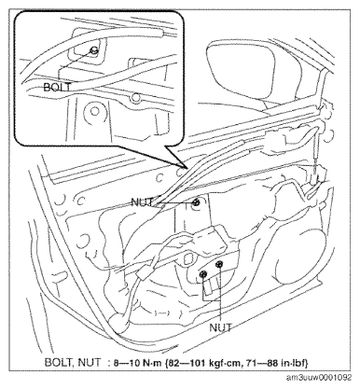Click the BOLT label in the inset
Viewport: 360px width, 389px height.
pyautogui.click(x=57, y=88)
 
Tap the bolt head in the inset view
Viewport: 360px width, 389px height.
pyautogui.click(x=93, y=50)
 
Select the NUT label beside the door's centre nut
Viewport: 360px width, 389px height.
pyautogui.click(x=142, y=202)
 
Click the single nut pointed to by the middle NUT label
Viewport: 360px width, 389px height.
pyautogui.click(x=196, y=203)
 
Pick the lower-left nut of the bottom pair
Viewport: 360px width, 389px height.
pyautogui.click(x=203, y=274)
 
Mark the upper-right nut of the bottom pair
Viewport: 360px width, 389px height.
pyautogui.click(x=220, y=264)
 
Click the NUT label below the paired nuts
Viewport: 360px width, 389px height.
pyautogui.click(x=220, y=327)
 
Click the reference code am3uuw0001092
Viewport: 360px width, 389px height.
pyautogui.click(x=319, y=378)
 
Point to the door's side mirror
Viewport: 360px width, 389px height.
pyautogui.click(x=241, y=73)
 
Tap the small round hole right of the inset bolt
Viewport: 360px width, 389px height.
pyautogui.click(x=135, y=98)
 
